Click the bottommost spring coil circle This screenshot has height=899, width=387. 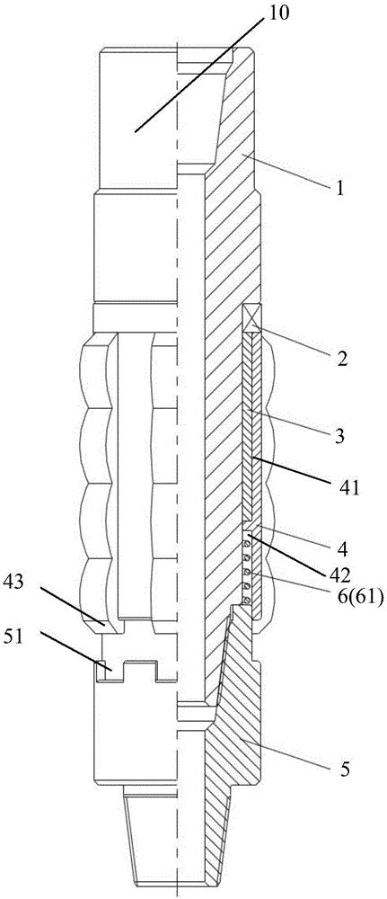(247, 600)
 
